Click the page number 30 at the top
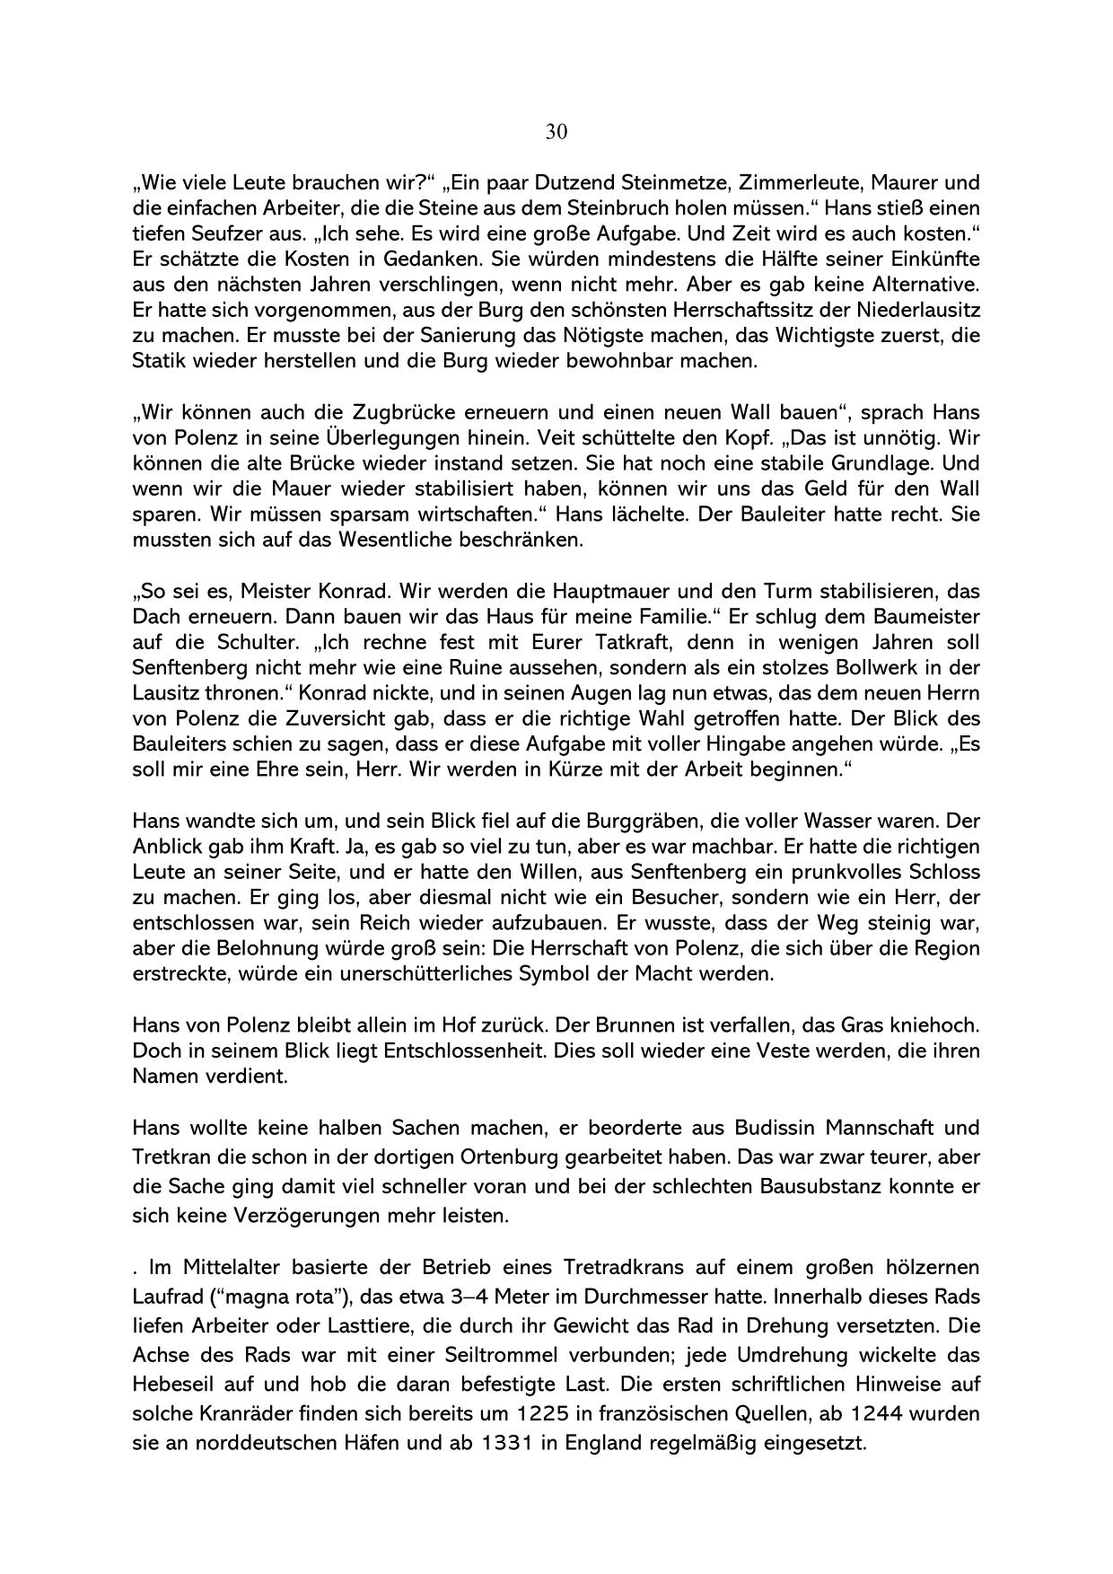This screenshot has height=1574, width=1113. pyautogui.click(x=556, y=133)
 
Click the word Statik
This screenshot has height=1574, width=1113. pyautogui.click(x=158, y=362)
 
